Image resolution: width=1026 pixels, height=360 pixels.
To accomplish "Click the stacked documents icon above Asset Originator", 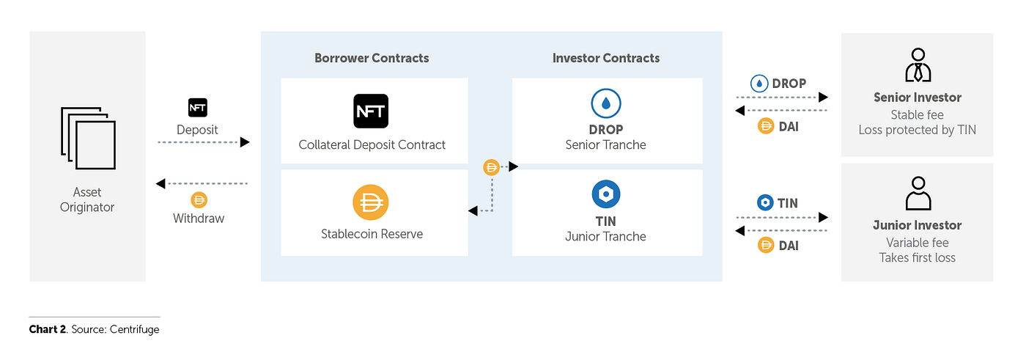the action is pyautogui.click(x=88, y=139).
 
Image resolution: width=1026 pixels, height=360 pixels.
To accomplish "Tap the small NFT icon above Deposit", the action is pyautogui.click(x=197, y=108).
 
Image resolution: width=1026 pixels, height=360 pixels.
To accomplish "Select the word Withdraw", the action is pyautogui.click(x=199, y=218).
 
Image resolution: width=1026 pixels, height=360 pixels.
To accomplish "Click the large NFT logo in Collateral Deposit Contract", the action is pyautogui.click(x=371, y=111).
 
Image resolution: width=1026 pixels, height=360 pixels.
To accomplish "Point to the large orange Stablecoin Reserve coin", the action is pyautogui.click(x=371, y=202).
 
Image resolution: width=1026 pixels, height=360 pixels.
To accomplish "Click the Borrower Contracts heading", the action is pyautogui.click(x=372, y=58).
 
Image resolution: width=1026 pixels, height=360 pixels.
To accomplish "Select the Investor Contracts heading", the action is pyautogui.click(x=605, y=58).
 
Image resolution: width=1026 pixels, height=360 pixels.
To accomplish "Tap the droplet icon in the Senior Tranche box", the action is pyautogui.click(x=606, y=103).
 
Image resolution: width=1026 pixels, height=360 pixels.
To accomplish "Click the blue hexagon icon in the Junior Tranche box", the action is pyautogui.click(x=606, y=194).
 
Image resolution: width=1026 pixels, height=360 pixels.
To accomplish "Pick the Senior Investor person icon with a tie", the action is pyautogui.click(x=918, y=65).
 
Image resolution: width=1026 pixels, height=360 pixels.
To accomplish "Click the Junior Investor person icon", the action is pyautogui.click(x=918, y=194).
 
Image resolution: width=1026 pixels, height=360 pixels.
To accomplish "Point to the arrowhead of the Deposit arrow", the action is pyautogui.click(x=245, y=142).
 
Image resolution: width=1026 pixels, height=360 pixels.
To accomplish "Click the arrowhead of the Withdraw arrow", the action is pyautogui.click(x=160, y=183).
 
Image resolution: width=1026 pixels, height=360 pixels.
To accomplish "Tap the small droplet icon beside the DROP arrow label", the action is pyautogui.click(x=759, y=84).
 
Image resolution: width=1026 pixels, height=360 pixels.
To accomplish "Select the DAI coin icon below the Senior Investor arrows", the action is pyautogui.click(x=766, y=126).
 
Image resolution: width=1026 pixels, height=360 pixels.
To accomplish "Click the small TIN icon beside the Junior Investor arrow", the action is pyautogui.click(x=765, y=202).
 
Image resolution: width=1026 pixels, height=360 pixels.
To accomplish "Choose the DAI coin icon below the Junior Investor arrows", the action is pyautogui.click(x=766, y=245).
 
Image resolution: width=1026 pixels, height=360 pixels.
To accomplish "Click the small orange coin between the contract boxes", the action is pyautogui.click(x=491, y=167).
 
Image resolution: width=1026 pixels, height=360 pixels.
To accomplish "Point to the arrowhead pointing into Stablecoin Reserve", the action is pyautogui.click(x=473, y=210).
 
